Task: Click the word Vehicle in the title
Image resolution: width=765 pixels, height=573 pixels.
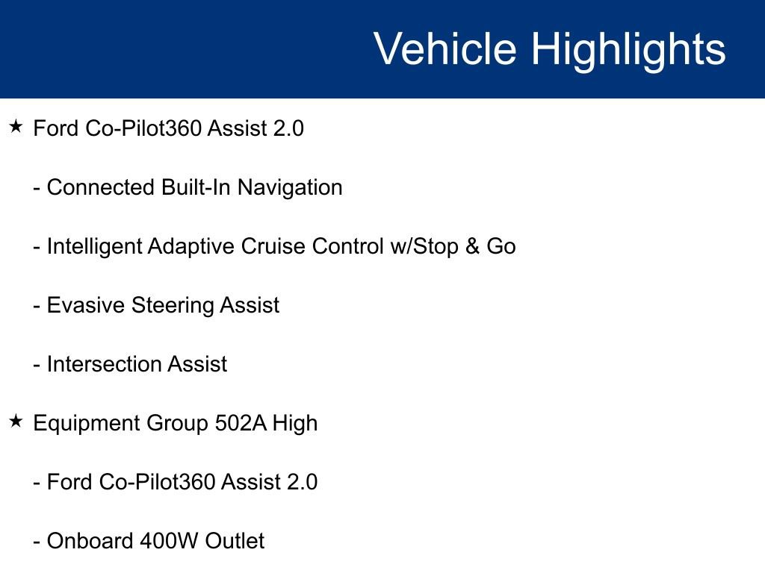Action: tap(445, 49)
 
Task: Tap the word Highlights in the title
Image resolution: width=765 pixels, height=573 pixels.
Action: tap(628, 49)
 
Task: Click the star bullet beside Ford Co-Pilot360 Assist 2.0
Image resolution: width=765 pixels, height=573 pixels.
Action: tap(16, 127)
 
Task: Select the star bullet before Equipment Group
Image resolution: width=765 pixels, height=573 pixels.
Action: tap(16, 422)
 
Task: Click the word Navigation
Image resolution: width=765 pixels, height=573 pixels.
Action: tap(290, 187)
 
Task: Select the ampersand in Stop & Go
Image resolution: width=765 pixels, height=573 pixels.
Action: tap(472, 246)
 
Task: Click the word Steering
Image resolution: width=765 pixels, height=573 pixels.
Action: tap(173, 305)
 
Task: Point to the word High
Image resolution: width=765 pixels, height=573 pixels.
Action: tap(295, 423)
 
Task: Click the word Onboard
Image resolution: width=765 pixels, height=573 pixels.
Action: tap(90, 541)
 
